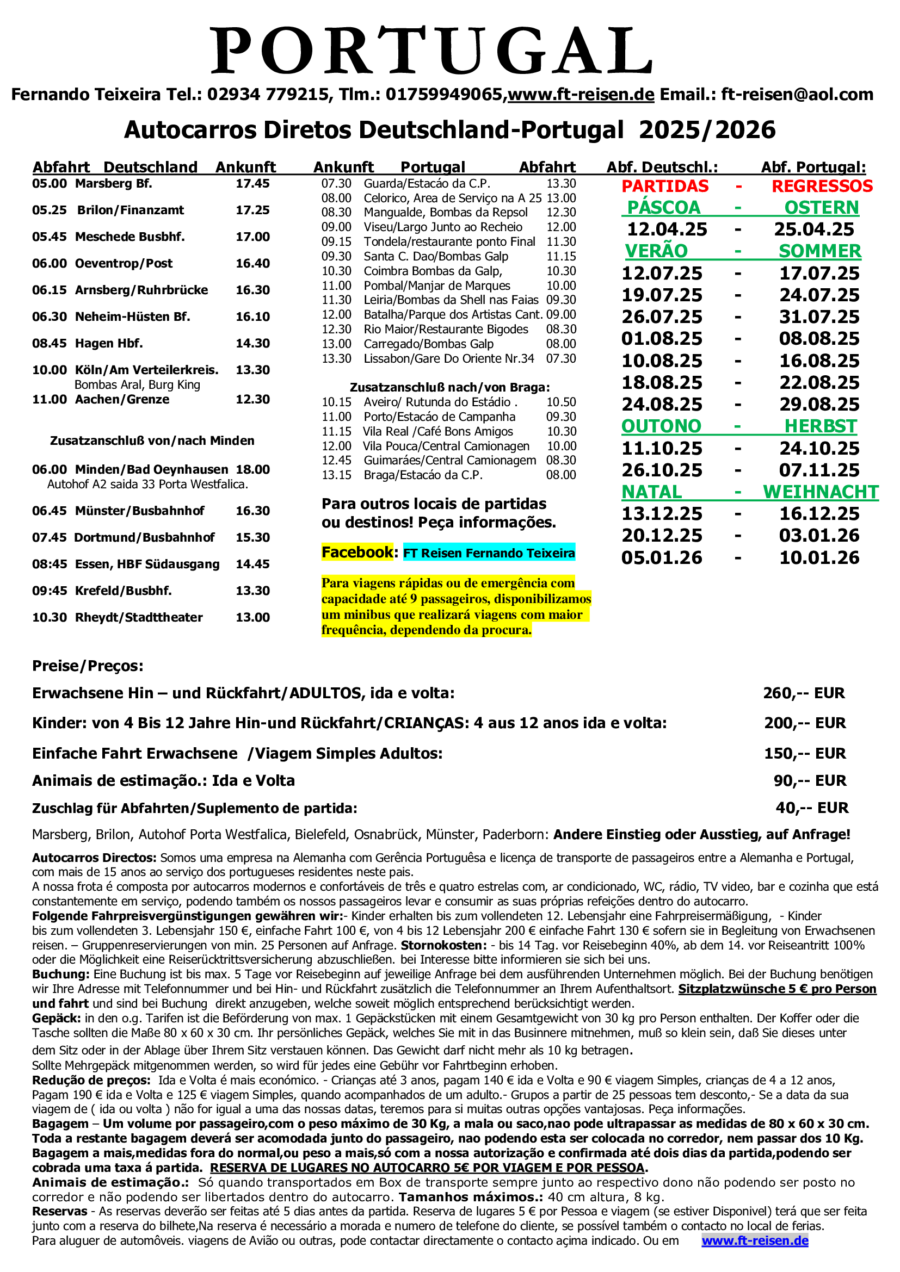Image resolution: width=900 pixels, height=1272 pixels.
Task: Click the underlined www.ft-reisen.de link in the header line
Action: tap(581, 95)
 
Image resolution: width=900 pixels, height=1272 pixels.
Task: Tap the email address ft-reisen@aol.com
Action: tap(797, 95)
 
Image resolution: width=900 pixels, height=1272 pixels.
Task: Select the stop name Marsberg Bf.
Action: tap(114, 183)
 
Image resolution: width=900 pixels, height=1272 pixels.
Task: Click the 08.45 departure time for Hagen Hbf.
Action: tap(50, 344)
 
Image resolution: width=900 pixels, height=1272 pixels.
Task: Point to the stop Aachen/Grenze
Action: tap(122, 400)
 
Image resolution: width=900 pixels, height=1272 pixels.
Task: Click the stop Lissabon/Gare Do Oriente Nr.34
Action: tap(449, 359)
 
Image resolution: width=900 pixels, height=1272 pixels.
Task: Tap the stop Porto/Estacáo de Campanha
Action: tap(440, 417)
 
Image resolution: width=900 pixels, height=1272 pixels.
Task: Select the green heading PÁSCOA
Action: tap(664, 208)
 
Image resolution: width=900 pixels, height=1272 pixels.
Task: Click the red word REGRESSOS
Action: tap(822, 186)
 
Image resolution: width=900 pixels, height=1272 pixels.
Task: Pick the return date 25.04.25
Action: tap(814, 229)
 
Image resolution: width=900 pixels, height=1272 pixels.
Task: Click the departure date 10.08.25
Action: tap(662, 361)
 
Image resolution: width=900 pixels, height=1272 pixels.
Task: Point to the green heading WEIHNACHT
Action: tap(821, 492)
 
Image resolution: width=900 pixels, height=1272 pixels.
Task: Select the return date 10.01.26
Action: tap(819, 557)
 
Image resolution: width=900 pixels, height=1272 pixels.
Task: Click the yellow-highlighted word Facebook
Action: tap(357, 553)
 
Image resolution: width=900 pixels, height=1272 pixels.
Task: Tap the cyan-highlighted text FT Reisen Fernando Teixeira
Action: tap(489, 553)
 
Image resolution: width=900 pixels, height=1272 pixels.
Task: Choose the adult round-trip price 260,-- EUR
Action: tap(804, 693)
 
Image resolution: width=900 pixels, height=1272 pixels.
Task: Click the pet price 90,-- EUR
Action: tap(810, 780)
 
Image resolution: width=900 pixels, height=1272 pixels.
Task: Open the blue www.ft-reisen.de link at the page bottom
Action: tap(755, 1240)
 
